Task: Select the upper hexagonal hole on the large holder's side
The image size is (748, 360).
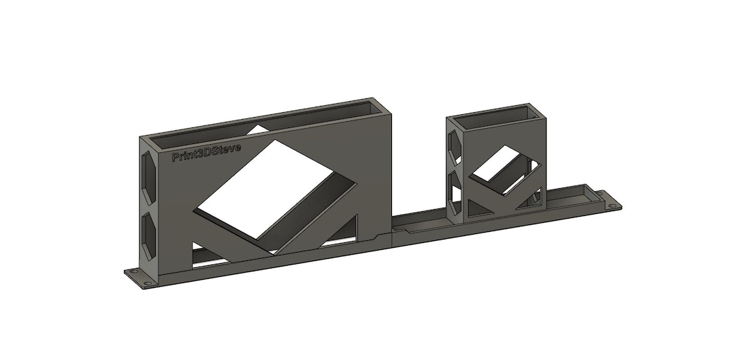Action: pos(148,173)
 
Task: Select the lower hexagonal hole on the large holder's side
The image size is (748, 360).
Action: pos(148,232)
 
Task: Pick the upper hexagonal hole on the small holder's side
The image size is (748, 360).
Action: pos(454,144)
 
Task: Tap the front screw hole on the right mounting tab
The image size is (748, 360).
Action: pos(612,206)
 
